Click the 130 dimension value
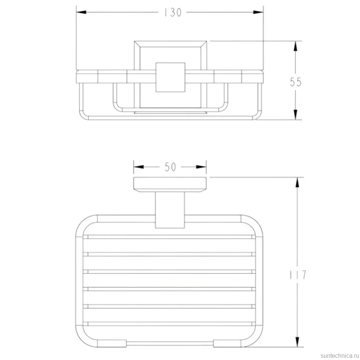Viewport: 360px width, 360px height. (173, 12)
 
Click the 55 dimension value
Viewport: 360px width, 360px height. (295, 82)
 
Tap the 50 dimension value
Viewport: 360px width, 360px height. (170, 167)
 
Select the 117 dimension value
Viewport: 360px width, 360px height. (298, 275)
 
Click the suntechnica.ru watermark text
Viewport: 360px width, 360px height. (340, 356)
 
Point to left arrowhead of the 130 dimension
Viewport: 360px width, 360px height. (81, 12)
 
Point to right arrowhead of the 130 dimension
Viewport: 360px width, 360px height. (258, 12)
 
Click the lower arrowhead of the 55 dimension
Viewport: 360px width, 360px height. (295, 115)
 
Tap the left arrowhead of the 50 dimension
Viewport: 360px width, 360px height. (138, 167)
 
